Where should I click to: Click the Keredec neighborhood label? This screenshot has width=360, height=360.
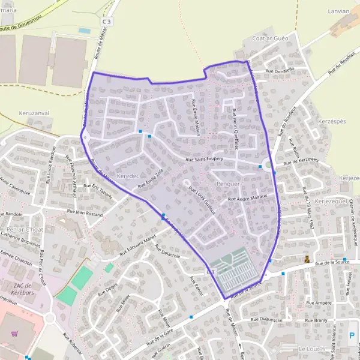128,176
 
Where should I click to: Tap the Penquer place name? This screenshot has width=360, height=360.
227,184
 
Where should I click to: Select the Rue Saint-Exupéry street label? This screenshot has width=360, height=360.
205,160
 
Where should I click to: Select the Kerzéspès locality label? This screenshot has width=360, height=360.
330,121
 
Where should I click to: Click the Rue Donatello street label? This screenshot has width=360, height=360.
280,70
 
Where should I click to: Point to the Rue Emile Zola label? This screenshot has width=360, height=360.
151,178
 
